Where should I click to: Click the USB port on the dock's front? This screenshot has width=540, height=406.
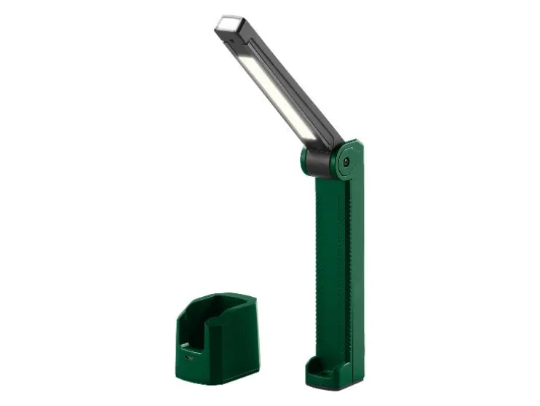tap(191, 358)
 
